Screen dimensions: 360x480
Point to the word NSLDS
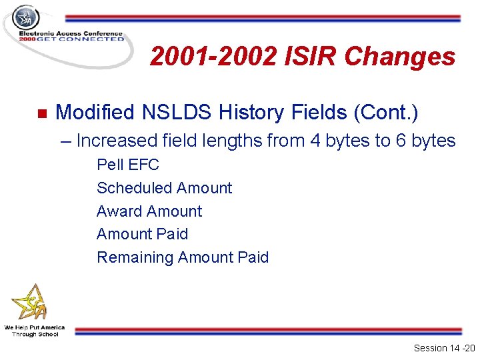click(175, 113)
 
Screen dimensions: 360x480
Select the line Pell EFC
click(128, 165)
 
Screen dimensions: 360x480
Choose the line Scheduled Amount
click(164, 188)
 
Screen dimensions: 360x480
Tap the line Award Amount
click(149, 211)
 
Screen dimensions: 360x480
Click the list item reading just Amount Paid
click(142, 234)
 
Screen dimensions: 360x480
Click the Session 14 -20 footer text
click(443, 348)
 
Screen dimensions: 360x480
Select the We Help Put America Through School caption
click(35, 331)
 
